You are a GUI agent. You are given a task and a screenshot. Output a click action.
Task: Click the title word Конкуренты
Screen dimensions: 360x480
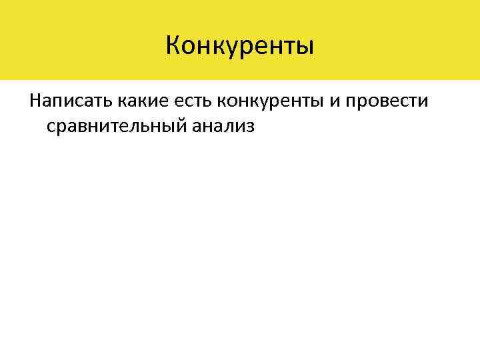[239, 46]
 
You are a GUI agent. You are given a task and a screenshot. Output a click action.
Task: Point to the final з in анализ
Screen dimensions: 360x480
[250, 127]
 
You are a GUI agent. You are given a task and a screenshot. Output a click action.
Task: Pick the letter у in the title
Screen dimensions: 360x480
[227, 47]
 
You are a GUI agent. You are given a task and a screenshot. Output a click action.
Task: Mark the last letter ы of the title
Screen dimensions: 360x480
[304, 47]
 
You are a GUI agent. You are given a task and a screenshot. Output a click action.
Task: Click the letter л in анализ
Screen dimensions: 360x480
[223, 127]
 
